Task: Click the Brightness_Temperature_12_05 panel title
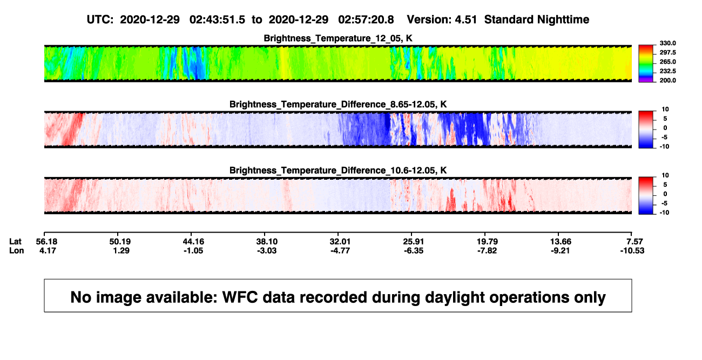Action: pos(338,38)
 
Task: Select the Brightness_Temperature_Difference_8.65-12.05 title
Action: pos(338,104)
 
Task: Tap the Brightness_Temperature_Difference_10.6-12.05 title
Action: pos(338,171)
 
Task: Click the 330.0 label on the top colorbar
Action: pos(667,43)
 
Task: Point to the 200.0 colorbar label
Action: pos(667,80)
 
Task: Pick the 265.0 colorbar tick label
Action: pos(667,62)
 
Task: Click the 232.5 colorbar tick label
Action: pos(667,71)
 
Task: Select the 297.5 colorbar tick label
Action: pos(667,52)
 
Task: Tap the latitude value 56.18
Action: pos(47,242)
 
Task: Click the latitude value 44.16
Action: pos(193,242)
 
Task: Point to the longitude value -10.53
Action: pos(632,250)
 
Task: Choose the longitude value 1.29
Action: pos(122,250)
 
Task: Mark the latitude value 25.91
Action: pos(413,242)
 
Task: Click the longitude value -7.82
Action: pos(487,250)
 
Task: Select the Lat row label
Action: pos(15,242)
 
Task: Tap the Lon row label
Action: pos(17,250)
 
